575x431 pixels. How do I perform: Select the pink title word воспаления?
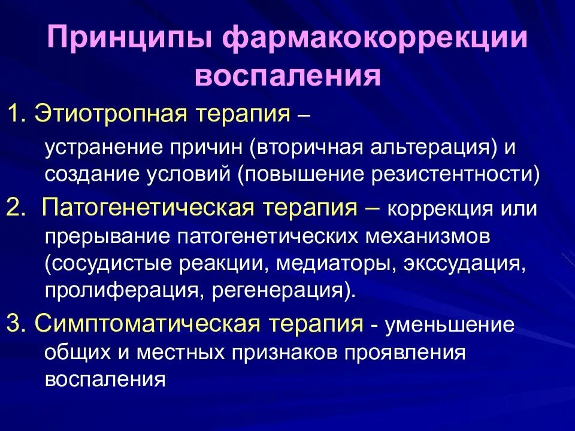[x=288, y=76]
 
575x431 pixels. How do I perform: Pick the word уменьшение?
[x=450, y=325]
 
